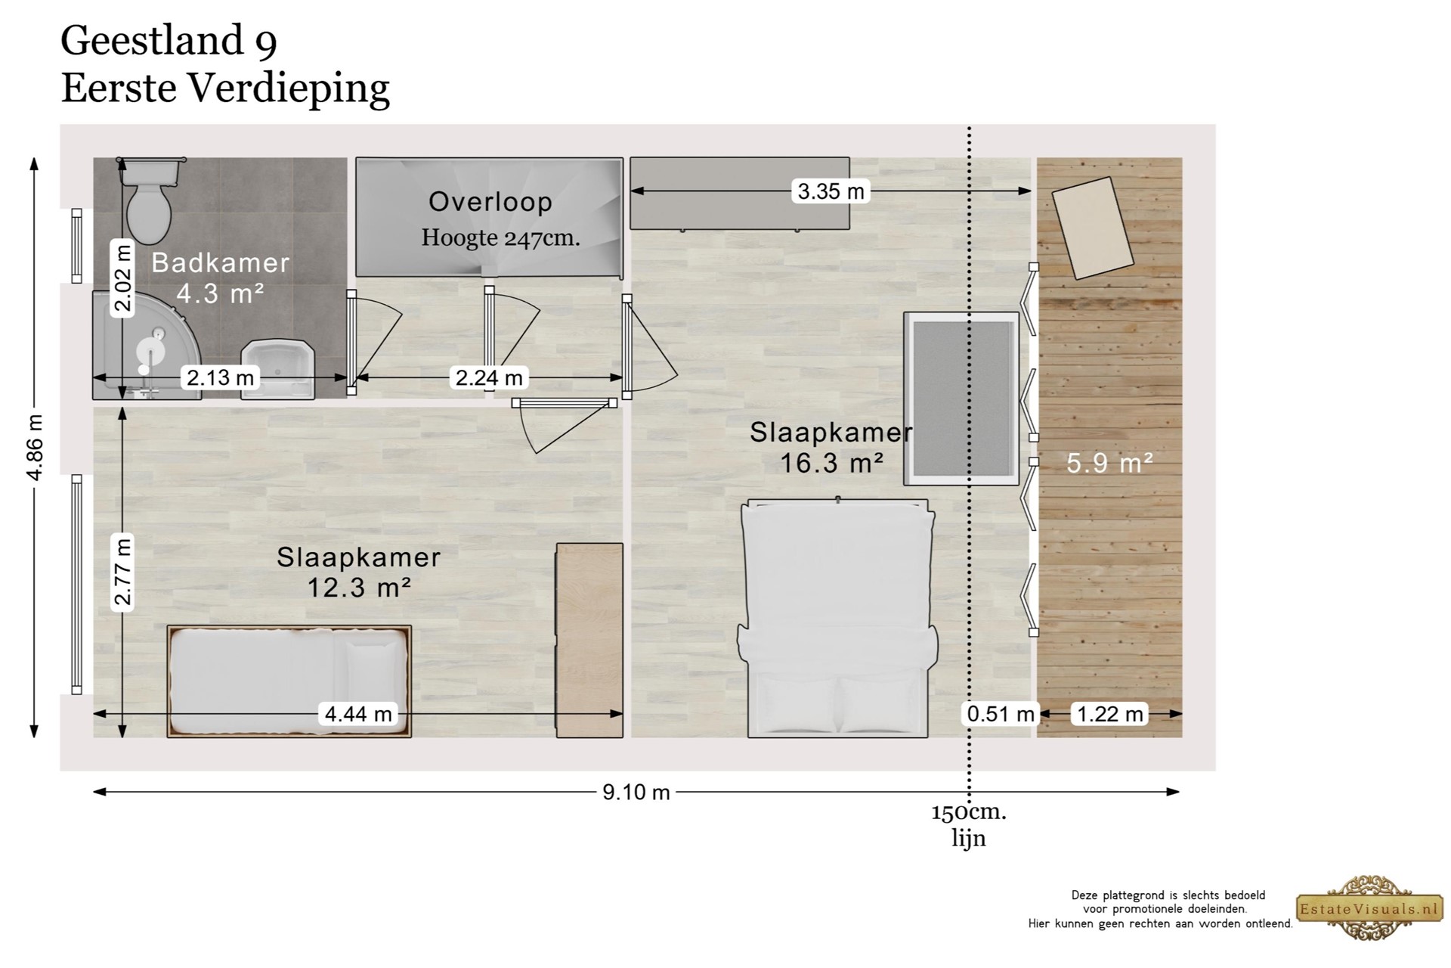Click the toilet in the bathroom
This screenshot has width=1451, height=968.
pos(150,201)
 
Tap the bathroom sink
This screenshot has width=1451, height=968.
pos(277,369)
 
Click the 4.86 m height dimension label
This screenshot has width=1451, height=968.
pos(35,447)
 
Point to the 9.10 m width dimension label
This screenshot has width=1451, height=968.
pos(636,792)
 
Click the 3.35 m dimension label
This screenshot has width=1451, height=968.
pos(831,191)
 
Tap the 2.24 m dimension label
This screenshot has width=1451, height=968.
pos(489,377)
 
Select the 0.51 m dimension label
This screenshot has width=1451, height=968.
pos(1001,714)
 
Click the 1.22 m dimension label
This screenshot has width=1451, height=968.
pos(1109,714)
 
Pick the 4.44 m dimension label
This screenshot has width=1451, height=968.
pos(358,714)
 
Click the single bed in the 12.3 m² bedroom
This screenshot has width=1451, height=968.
pos(289,681)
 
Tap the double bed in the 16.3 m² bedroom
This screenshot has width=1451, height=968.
pos(837,618)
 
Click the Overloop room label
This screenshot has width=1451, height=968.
pos(490,202)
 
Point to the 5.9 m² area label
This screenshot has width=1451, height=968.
pos(1109,463)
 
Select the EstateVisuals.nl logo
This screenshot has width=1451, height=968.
pos(1369,908)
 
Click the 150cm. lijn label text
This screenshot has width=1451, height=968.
pos(969,825)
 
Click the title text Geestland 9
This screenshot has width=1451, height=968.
pos(169,42)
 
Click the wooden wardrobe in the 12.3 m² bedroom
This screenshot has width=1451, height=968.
pos(589,641)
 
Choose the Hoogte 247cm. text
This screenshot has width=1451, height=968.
pos(500,238)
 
